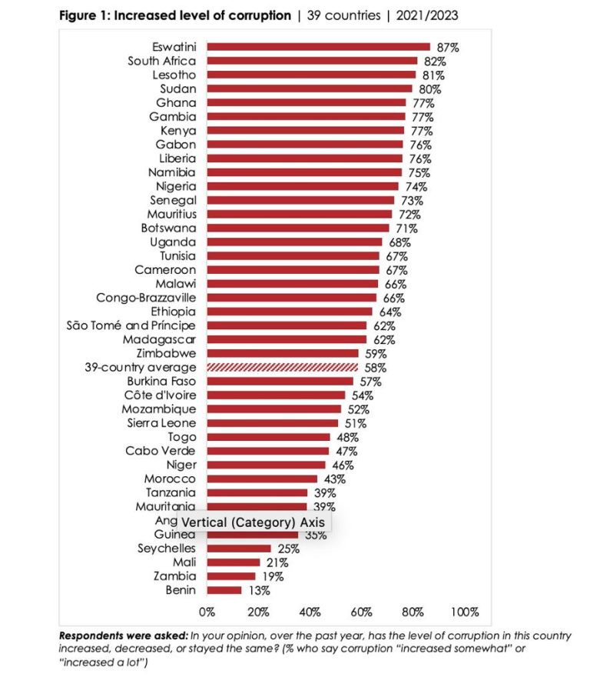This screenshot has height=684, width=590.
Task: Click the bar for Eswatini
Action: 318,47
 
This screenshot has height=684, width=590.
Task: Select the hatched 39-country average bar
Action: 283,368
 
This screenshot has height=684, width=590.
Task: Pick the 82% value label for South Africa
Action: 432,62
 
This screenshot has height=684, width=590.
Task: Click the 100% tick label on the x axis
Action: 465,612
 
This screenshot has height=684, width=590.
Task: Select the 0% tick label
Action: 207,612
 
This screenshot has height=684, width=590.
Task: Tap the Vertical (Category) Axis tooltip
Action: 254,522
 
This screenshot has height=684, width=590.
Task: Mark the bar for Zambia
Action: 231,576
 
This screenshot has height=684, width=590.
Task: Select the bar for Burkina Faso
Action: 280,382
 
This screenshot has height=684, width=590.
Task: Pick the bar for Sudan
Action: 310,89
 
